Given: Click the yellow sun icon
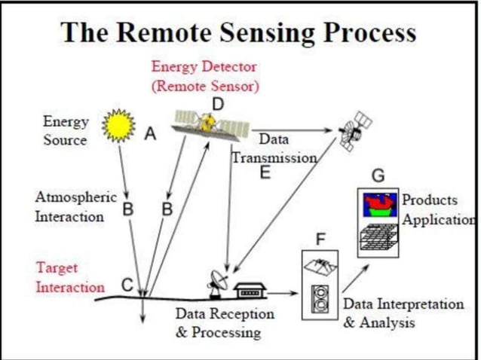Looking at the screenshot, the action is (118, 126).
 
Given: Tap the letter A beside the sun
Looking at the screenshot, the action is (150, 133).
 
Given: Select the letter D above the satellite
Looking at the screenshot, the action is (218, 104).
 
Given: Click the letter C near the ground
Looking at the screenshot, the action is (127, 285).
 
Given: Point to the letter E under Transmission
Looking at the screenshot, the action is (265, 172).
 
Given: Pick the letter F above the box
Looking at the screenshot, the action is (320, 239).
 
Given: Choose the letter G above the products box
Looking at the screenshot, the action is (378, 176).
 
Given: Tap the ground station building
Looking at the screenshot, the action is (250, 291).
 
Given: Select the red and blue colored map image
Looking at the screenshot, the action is (379, 205).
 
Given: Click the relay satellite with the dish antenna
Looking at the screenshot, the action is (355, 131).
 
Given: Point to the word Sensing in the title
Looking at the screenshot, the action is (267, 33).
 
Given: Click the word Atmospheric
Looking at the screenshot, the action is (76, 197).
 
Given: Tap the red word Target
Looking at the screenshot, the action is (57, 268).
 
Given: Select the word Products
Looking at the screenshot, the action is (430, 200).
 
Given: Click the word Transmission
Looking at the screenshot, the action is (274, 158).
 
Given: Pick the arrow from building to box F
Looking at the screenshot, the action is (282, 293).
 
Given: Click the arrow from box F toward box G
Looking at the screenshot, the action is (356, 279).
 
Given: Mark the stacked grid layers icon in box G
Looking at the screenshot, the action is (379, 236).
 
